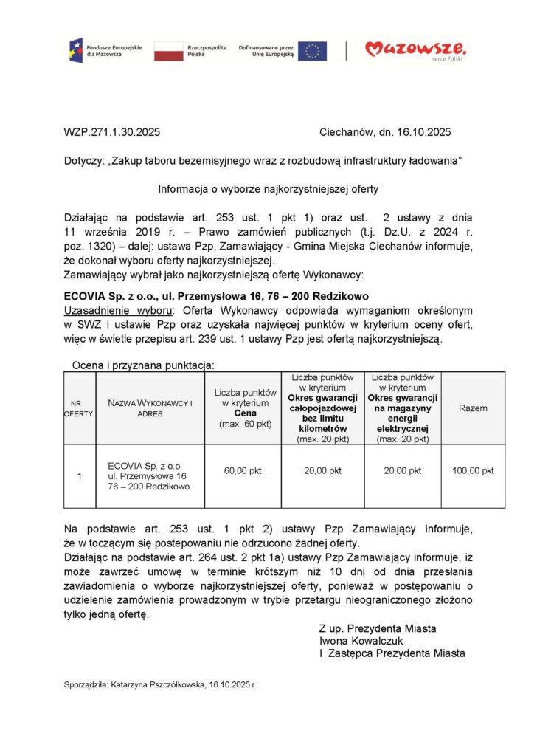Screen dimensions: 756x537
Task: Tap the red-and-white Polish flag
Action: coord(168,50)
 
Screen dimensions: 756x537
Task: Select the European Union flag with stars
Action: coord(312,50)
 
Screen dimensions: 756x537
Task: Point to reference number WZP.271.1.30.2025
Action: coord(111,133)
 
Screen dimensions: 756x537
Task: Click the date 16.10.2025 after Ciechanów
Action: coord(425,133)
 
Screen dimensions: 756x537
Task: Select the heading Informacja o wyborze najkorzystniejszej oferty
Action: coord(268,189)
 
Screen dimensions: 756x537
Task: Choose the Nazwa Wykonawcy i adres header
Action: coord(150,408)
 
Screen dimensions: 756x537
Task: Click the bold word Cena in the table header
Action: coord(245,413)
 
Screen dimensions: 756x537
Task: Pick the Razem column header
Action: coord(473,408)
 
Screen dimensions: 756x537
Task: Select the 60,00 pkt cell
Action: coord(243,470)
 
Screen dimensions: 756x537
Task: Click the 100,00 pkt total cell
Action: coord(473,470)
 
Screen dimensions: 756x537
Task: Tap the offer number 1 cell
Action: coord(80,476)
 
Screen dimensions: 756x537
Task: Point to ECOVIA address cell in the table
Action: coord(149,476)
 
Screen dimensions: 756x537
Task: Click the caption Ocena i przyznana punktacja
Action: coord(143,365)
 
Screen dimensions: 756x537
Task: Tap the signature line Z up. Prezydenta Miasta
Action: coord(378,628)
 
